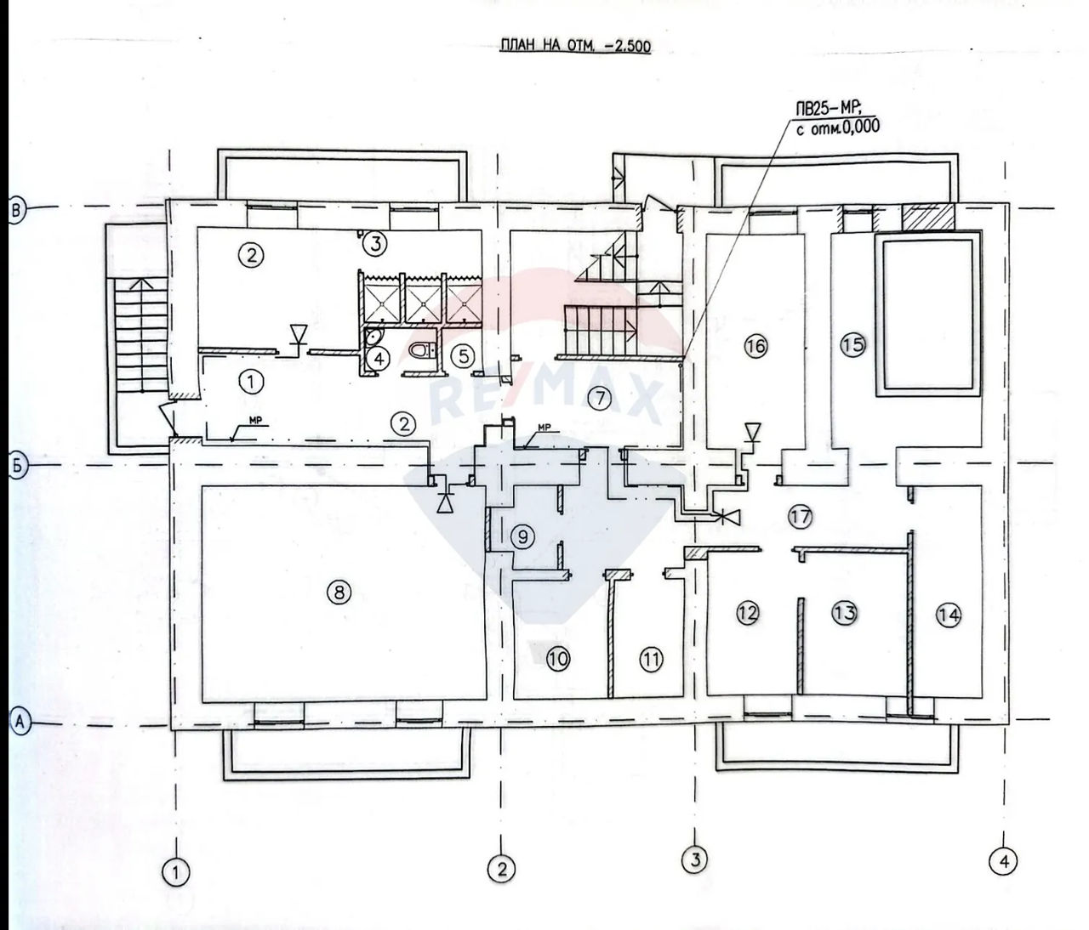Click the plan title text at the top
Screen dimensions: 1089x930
click(x=575, y=46)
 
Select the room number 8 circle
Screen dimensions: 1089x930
click(x=339, y=593)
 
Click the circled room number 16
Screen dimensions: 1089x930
click(x=755, y=346)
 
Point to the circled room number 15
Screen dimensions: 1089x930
click(x=853, y=345)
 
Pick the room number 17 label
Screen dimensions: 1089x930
click(x=800, y=517)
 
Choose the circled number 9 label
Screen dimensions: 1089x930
click(x=522, y=536)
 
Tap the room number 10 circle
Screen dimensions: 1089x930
click(x=558, y=659)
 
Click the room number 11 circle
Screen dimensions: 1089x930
click(x=652, y=659)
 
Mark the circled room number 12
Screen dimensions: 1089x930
click(x=748, y=613)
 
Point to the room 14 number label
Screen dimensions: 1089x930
click(x=949, y=615)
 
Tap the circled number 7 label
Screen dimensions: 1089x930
click(x=600, y=399)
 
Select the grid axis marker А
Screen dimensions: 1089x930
click(x=20, y=722)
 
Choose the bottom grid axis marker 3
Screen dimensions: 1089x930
click(x=695, y=860)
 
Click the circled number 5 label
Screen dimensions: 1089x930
click(x=463, y=356)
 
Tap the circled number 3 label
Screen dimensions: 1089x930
click(x=376, y=243)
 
